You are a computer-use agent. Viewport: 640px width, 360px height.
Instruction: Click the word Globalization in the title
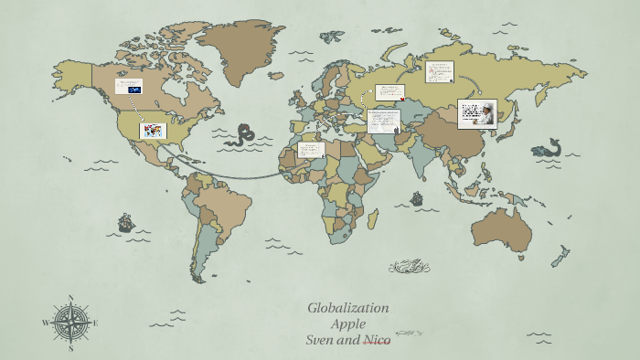(347, 308)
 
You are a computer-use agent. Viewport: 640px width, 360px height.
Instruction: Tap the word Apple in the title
(348, 323)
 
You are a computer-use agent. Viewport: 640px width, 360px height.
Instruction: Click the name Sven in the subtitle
(321, 340)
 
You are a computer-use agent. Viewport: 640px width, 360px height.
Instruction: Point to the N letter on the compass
(70, 297)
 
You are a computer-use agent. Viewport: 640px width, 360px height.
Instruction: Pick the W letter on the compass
(45, 323)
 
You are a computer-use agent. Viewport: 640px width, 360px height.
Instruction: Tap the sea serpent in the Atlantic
(242, 134)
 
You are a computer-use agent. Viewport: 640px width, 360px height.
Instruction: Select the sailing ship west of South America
(125, 222)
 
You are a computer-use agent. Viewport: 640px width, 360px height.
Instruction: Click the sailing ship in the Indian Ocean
(417, 197)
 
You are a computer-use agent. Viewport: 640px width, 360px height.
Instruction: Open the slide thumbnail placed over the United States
(153, 131)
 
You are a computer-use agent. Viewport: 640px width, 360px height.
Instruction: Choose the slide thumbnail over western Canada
(129, 87)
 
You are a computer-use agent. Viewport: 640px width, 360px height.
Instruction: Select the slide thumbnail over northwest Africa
(311, 149)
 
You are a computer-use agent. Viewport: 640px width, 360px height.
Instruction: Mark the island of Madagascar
(372, 218)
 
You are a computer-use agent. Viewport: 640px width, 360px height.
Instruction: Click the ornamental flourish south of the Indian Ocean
(408, 267)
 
